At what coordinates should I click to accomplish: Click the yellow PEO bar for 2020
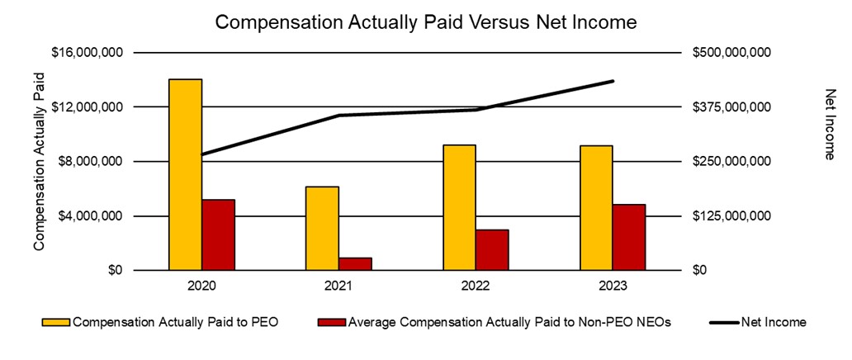point(185,174)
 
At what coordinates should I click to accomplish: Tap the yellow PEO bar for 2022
point(459,207)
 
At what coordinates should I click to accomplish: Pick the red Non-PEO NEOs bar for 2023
point(629,237)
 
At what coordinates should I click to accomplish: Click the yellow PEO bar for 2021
point(322,228)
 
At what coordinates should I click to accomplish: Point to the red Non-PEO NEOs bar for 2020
point(219,234)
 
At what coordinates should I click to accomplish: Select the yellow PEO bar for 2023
point(596,207)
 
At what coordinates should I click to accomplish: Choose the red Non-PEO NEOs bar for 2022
point(492,249)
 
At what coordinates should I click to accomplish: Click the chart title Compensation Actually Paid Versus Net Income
point(425,22)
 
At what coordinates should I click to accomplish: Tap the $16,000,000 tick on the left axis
point(88,53)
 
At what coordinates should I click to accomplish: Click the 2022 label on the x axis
point(476,286)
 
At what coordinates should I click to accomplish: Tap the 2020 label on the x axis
point(201,286)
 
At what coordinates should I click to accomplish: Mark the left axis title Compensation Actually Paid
point(39,161)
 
